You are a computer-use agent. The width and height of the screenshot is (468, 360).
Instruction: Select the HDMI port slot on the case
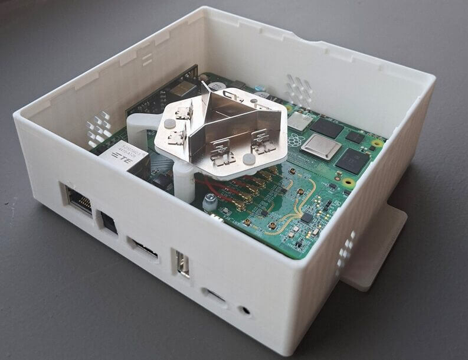click(x=143, y=248)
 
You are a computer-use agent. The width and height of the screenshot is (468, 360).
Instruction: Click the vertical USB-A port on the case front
click(x=182, y=264)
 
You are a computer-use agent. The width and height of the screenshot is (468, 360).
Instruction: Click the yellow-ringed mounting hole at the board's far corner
click(x=376, y=143)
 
